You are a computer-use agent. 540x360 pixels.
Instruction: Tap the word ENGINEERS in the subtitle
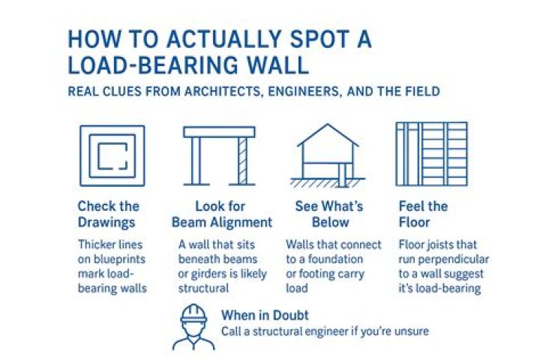click(x=304, y=91)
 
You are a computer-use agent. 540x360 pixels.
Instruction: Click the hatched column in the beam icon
click(x=242, y=161)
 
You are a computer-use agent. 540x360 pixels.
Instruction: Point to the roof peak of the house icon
click(x=328, y=124)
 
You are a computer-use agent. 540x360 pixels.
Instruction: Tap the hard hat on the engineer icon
click(x=194, y=314)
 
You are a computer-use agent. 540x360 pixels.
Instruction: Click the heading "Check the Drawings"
click(x=109, y=214)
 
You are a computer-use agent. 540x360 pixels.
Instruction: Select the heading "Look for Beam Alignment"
click(x=222, y=214)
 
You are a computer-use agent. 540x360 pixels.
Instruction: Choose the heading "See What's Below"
click(x=329, y=214)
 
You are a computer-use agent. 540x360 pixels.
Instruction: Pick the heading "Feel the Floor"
click(x=423, y=214)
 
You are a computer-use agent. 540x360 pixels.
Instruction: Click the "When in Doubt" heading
click(x=265, y=315)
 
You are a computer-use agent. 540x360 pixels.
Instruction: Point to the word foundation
click(x=335, y=259)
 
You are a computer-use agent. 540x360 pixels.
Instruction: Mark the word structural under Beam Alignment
click(x=203, y=288)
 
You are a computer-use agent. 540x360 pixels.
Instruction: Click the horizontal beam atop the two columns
click(x=219, y=132)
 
